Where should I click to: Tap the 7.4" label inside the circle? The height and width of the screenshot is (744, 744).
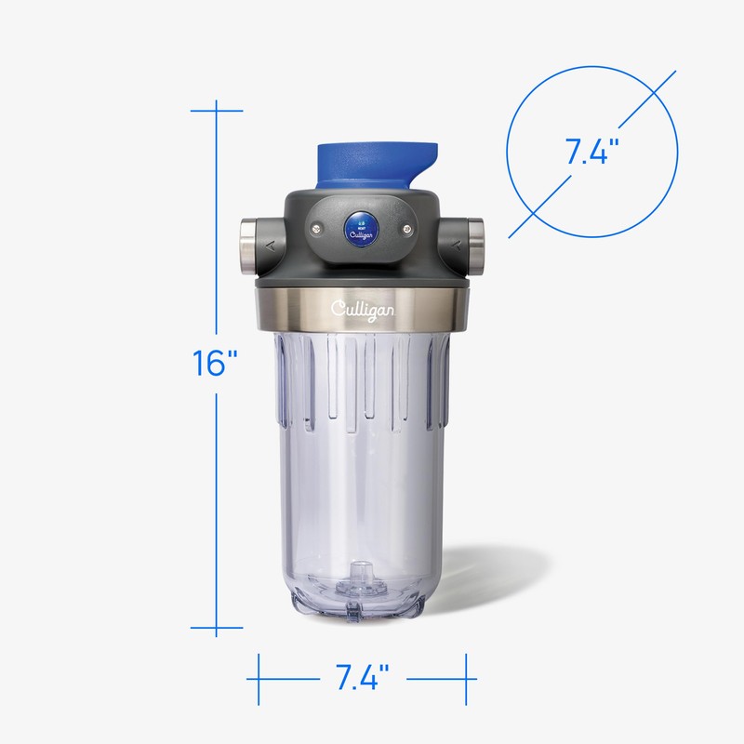586,151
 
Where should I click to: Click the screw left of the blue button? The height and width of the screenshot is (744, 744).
316,223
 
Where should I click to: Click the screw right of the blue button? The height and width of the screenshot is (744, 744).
405,223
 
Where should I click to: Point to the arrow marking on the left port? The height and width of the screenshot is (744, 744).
270,246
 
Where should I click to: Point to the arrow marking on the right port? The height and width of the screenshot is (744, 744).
458,246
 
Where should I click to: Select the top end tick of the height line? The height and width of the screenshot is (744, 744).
216,111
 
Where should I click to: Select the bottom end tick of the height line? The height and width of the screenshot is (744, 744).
216,627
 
